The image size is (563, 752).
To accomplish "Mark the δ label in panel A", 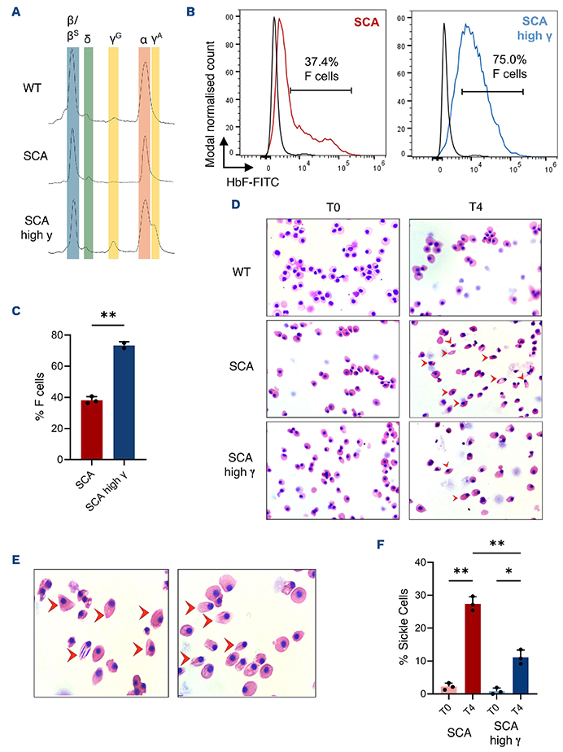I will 88,38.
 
